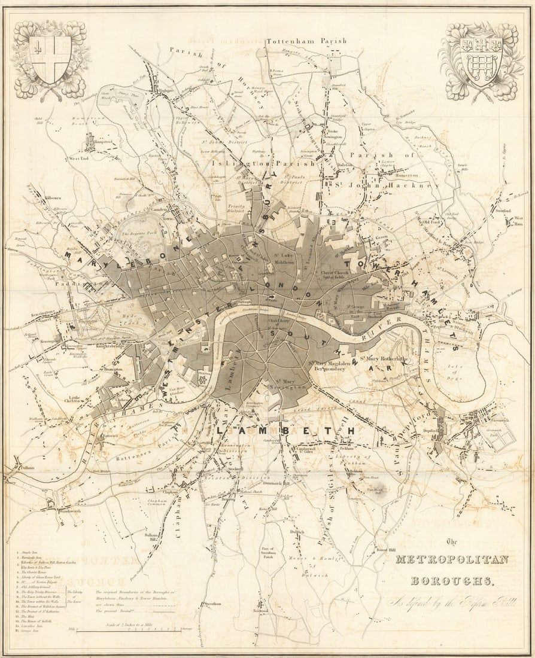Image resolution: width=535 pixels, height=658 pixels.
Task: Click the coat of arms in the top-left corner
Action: tap(50, 59)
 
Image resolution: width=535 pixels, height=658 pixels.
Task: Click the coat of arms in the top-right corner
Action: tap(481, 60)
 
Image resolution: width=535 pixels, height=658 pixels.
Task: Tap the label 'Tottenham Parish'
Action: tap(306, 41)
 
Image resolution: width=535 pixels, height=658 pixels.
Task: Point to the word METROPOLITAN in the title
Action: tap(452, 560)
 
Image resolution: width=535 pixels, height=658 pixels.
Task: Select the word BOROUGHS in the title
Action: tap(452, 580)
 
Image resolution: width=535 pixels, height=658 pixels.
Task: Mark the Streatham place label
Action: tap(214, 604)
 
